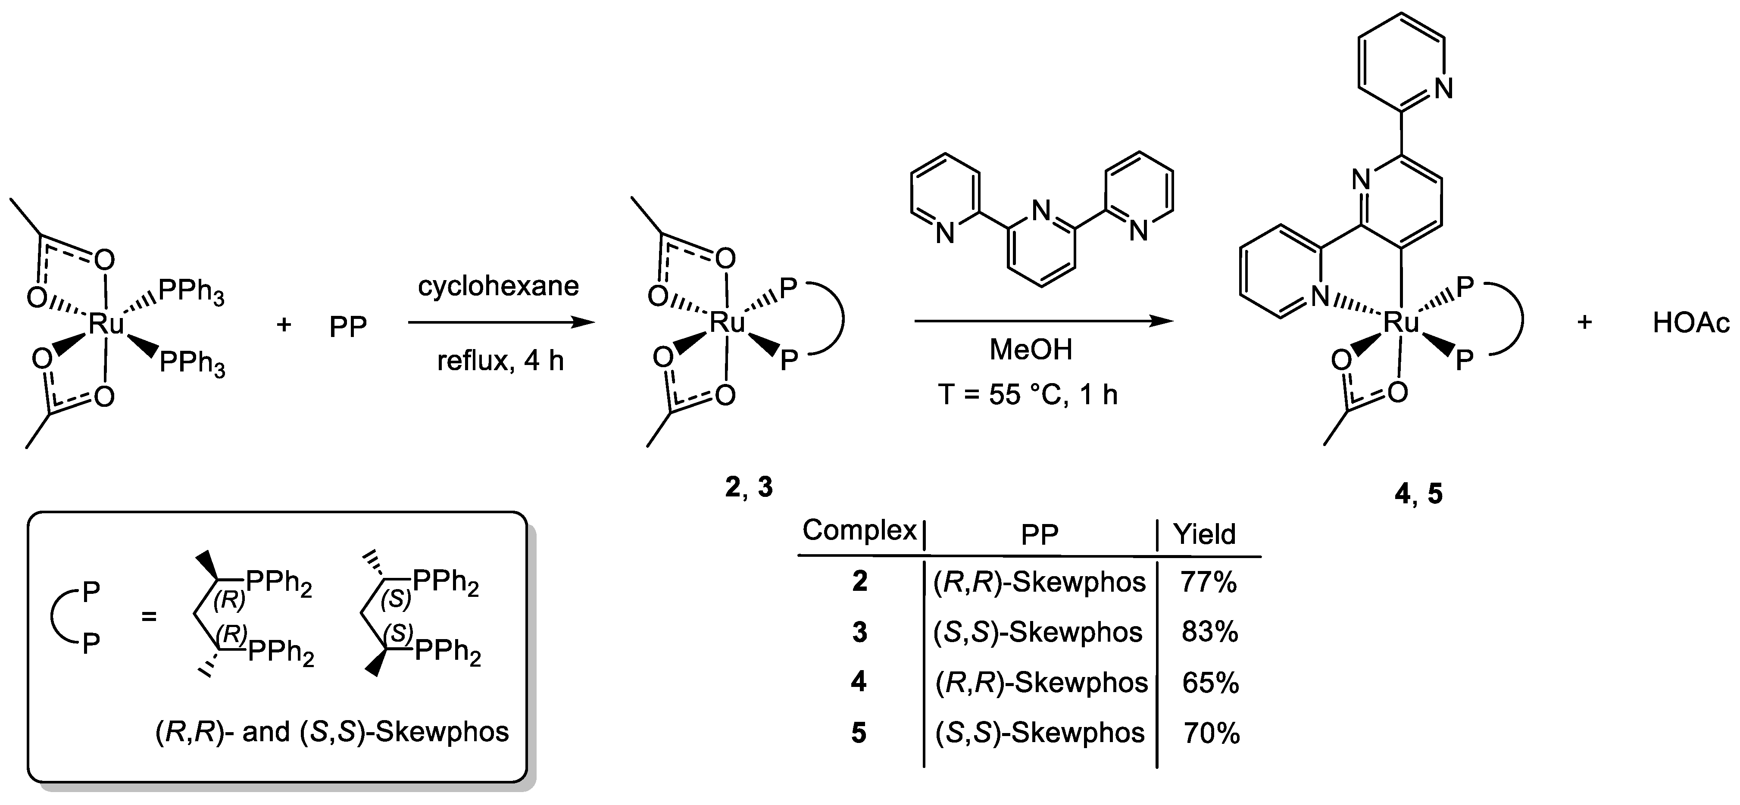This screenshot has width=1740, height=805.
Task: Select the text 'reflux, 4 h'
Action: tap(500, 361)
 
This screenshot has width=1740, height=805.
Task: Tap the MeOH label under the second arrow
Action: tap(1031, 350)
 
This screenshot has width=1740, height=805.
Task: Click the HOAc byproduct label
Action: tap(1691, 324)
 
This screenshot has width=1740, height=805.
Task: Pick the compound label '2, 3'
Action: tap(748, 487)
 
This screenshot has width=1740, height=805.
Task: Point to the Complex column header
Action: tap(859, 531)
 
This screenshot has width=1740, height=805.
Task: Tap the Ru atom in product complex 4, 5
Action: tap(1402, 323)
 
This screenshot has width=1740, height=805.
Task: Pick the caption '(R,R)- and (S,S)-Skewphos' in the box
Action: tap(331, 731)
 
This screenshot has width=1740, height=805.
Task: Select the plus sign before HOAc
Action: tap(1584, 323)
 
